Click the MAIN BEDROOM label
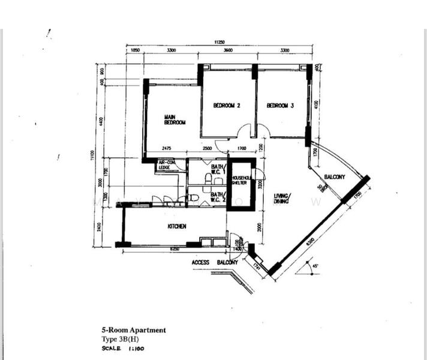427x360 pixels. click(175, 119)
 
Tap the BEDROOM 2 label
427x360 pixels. click(227, 106)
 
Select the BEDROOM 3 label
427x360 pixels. click(280, 106)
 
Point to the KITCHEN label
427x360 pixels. click(176, 226)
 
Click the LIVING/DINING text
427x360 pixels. click(282, 199)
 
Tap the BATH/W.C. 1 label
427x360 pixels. click(218, 169)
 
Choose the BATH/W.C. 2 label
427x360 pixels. click(218, 197)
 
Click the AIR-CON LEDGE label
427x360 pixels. click(166, 164)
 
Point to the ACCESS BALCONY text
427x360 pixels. click(215, 262)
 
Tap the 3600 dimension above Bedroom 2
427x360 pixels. click(228, 51)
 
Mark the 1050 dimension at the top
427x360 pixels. click(135, 51)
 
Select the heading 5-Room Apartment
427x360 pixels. click(133, 329)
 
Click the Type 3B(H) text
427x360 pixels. click(119, 339)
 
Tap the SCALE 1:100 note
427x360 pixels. click(123, 348)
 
